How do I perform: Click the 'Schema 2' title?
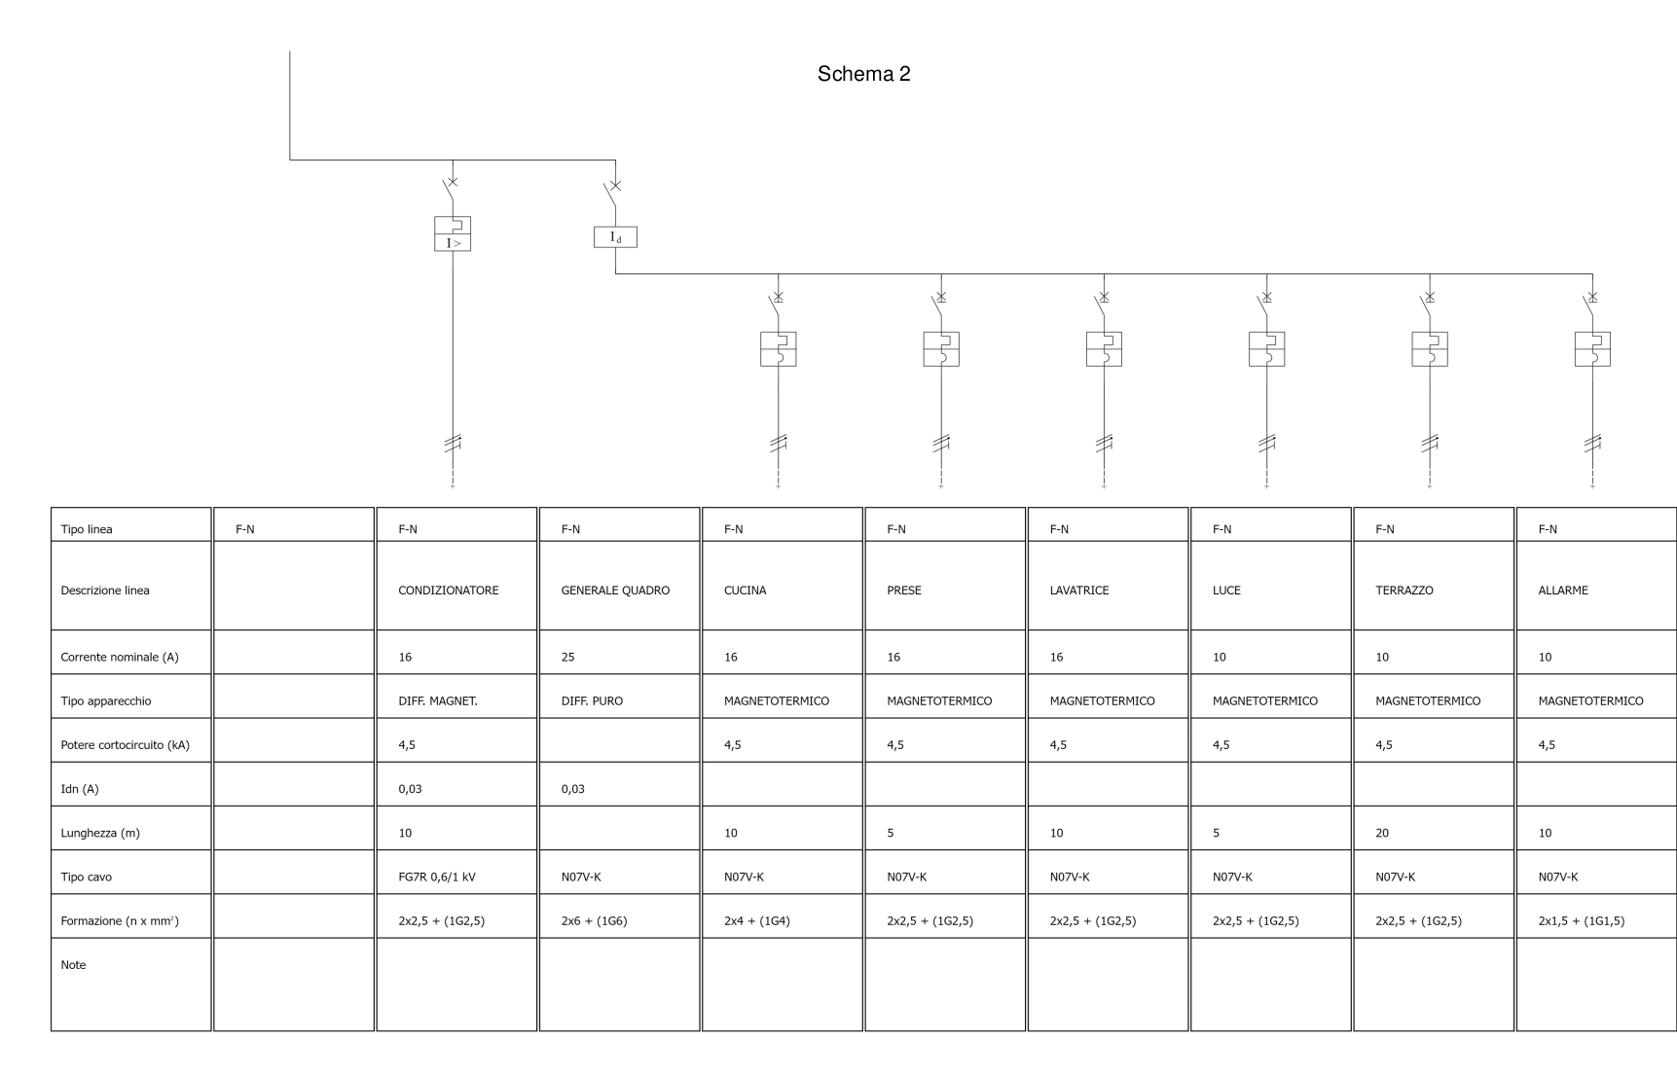(863, 74)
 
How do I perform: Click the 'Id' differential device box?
(615, 236)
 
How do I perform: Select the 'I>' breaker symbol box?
(453, 233)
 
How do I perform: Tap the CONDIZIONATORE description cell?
(448, 591)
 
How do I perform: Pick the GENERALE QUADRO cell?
(615, 591)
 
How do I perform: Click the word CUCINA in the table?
(745, 591)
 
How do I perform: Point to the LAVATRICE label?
(1078, 591)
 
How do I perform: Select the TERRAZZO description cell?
(1404, 591)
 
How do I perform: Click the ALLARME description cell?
(1562, 591)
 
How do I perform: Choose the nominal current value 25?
(567, 657)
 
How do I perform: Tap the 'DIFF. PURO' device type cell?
(592, 700)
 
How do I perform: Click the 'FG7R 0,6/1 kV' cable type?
(437, 877)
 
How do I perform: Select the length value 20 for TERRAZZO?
(1382, 833)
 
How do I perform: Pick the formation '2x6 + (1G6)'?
(594, 920)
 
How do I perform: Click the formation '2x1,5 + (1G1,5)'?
(1581, 920)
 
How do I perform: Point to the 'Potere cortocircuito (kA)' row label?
(125, 745)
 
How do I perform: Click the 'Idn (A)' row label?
(80, 789)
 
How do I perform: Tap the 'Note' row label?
(73, 965)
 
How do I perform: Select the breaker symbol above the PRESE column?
(941, 348)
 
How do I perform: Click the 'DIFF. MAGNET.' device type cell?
(437, 700)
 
